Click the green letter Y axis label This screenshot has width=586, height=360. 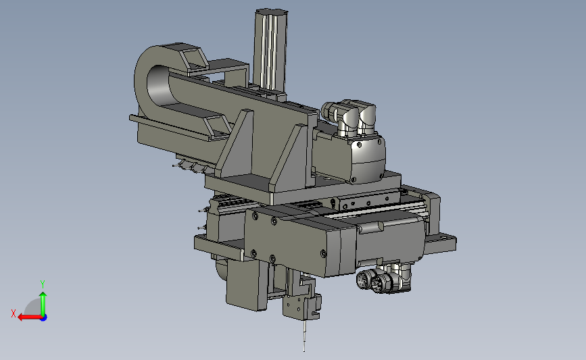(x=43, y=284)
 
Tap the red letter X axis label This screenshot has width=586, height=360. (x=14, y=313)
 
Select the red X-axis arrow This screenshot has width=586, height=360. (x=30, y=317)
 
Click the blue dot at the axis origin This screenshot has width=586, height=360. (x=44, y=317)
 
